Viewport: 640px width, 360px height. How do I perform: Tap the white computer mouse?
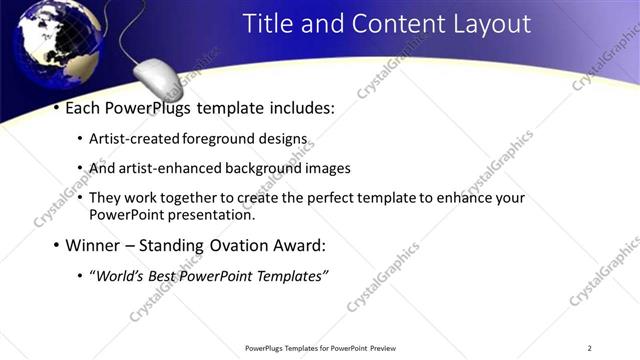(158, 77)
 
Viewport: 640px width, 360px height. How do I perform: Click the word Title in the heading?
(269, 23)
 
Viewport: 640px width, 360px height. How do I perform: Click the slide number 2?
(590, 348)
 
